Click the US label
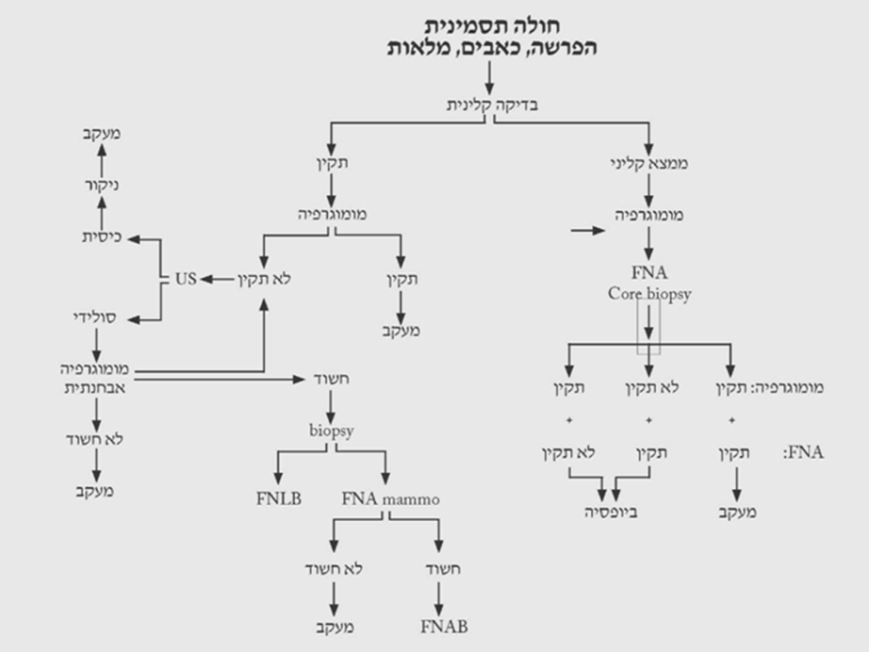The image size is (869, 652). (185, 279)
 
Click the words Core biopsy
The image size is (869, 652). (649, 294)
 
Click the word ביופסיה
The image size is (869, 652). (608, 513)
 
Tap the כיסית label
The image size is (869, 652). (99, 238)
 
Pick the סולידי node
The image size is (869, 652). (94, 318)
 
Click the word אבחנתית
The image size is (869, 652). (91, 386)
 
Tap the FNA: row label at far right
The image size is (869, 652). (803, 452)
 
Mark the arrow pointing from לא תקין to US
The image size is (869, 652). (216, 279)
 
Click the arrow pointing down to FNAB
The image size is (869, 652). (439, 595)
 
